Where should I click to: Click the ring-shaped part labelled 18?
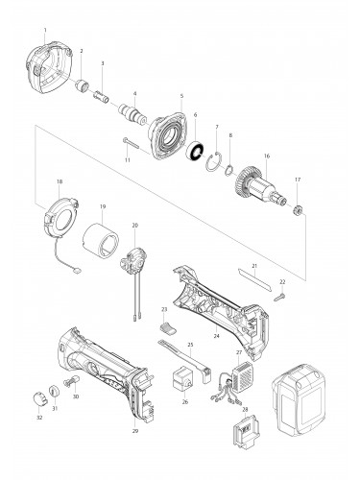point(60,215)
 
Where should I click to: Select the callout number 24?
point(216,336)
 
